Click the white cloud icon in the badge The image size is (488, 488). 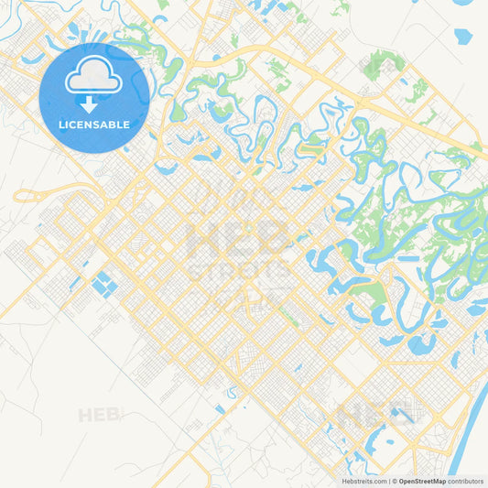click(94, 78)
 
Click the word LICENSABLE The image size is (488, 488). click(94, 124)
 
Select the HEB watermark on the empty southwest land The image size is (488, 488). click(99, 415)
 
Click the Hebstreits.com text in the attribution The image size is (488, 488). click(361, 481)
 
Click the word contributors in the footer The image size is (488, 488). click(466, 481)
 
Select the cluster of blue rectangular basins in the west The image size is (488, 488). click(102, 282)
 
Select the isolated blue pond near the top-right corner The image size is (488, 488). click(462, 37)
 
